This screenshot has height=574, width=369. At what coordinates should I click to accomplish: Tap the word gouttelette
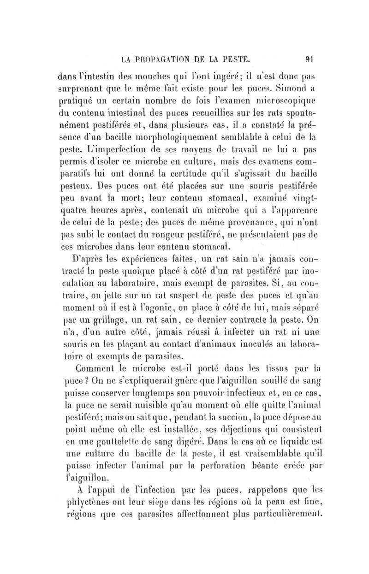[108, 434]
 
